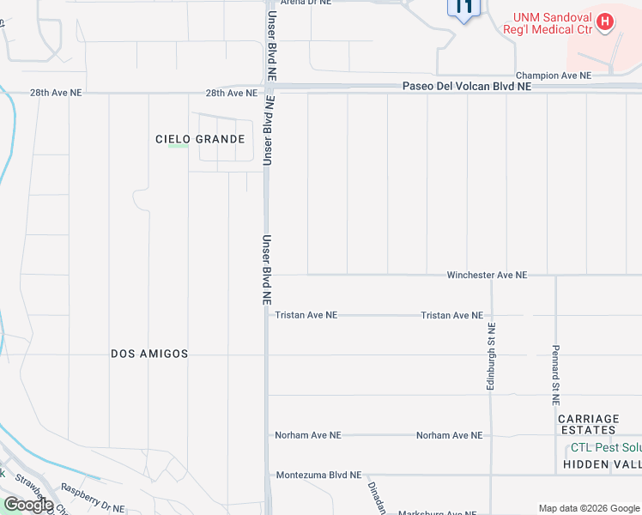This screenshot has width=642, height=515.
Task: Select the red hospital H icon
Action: (606, 21)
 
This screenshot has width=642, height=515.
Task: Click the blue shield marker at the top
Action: (463, 9)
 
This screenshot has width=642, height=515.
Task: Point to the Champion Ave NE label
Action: (554, 76)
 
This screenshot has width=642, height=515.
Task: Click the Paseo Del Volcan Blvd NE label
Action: (467, 87)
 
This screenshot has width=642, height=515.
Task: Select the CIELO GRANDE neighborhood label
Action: (200, 139)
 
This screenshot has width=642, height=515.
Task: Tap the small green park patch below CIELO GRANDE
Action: (178, 146)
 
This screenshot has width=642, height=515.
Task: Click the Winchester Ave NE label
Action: (486, 275)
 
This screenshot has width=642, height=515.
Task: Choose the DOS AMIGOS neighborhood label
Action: (149, 354)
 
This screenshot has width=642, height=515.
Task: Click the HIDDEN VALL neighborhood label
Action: (602, 464)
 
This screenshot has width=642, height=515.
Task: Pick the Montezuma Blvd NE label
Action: (318, 475)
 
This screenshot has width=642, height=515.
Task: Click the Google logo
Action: (27, 504)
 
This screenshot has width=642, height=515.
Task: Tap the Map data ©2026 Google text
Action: (588, 508)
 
